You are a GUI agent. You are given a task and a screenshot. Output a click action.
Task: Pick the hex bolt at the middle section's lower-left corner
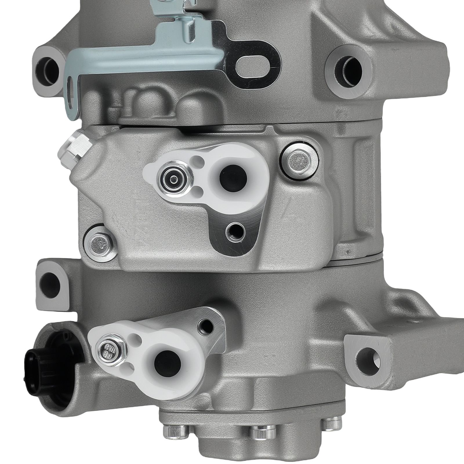point(98,242)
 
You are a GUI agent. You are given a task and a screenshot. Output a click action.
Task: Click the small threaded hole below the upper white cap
point(235,230)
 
